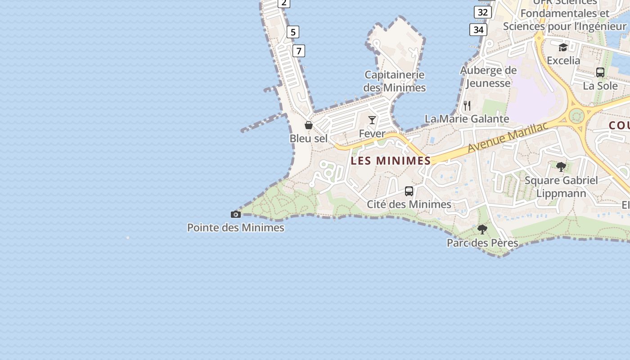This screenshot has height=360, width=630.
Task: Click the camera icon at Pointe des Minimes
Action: tap(235, 214)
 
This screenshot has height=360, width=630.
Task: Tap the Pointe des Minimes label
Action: tap(235, 228)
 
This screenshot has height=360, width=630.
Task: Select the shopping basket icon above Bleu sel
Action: tap(309, 125)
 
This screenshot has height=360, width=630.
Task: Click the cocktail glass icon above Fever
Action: tap(372, 120)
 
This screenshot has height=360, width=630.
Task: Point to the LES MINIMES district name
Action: tap(391, 161)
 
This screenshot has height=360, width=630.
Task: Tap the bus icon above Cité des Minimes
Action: tap(409, 191)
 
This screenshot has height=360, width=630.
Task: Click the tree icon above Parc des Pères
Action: tap(482, 229)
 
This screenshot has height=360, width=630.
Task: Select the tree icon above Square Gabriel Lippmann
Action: tap(561, 167)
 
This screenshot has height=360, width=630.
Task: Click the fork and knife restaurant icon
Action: tap(467, 106)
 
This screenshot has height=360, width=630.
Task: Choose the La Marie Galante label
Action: tap(467, 119)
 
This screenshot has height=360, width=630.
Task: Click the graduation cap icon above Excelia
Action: tap(563, 47)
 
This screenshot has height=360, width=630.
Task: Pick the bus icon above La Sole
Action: tap(600, 72)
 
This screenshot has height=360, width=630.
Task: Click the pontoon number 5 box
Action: tap(293, 32)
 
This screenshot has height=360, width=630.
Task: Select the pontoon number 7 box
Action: tap(299, 51)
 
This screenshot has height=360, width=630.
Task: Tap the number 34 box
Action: tap(478, 30)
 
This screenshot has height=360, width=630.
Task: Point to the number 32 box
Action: tap(482, 12)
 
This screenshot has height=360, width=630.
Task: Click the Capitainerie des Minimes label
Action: tap(395, 81)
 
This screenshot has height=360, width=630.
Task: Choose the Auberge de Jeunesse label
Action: tap(488, 76)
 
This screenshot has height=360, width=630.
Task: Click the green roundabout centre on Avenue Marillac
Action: tap(576, 116)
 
